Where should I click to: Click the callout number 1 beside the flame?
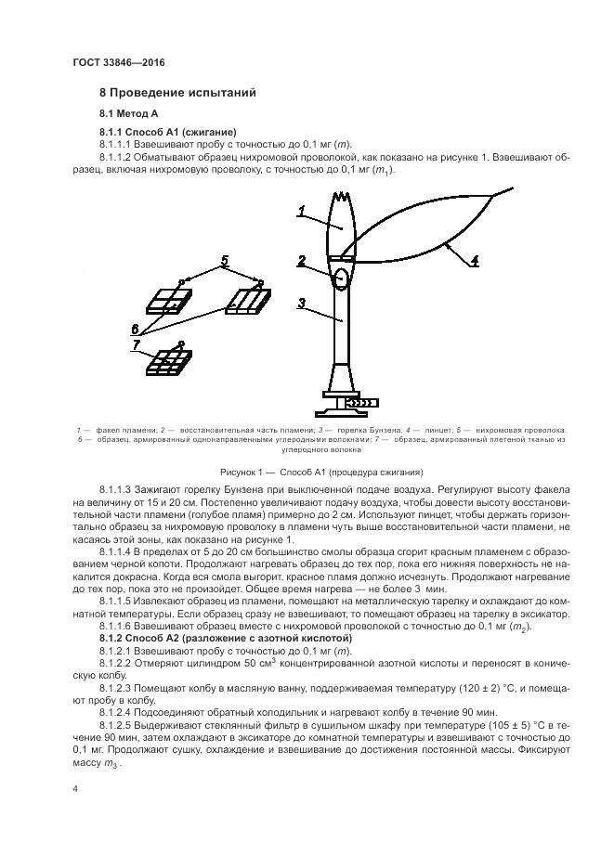pyautogui.click(x=302, y=213)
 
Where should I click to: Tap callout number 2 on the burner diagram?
pyautogui.click(x=302, y=261)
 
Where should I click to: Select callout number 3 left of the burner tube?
pyautogui.click(x=302, y=303)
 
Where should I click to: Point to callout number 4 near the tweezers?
pyautogui.click(x=475, y=260)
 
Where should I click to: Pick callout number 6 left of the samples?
pyautogui.click(x=136, y=328)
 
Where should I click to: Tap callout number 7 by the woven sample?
pyautogui.click(x=137, y=345)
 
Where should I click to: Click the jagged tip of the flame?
pyautogui.click(x=343, y=197)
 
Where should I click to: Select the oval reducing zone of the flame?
pyautogui.click(x=341, y=277)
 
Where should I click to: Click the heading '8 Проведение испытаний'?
pyautogui.click(x=177, y=94)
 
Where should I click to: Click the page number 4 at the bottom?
pyautogui.click(x=76, y=788)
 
